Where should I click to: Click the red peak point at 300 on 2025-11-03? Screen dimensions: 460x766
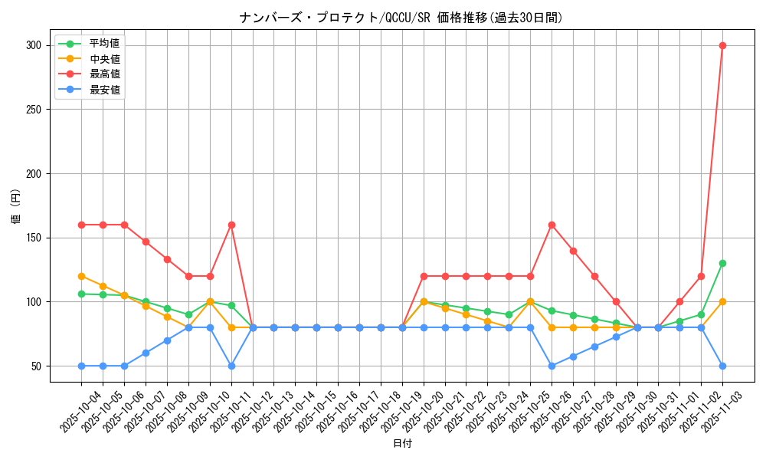click(x=722, y=45)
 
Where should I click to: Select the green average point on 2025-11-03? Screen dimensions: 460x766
click(x=722, y=263)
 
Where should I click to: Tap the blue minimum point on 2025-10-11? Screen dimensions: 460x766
click(x=231, y=366)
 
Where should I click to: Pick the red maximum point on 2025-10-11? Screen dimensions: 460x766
click(x=231, y=225)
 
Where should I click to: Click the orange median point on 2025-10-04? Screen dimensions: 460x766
click(x=81, y=276)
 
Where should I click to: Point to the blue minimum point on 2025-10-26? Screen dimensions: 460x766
click(x=552, y=366)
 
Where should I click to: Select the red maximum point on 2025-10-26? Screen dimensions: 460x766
click(x=552, y=225)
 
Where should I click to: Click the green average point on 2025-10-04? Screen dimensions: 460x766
click(x=81, y=294)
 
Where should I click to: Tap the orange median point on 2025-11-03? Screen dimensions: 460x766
click(x=722, y=301)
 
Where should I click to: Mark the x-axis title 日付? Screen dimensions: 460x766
click(x=402, y=444)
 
